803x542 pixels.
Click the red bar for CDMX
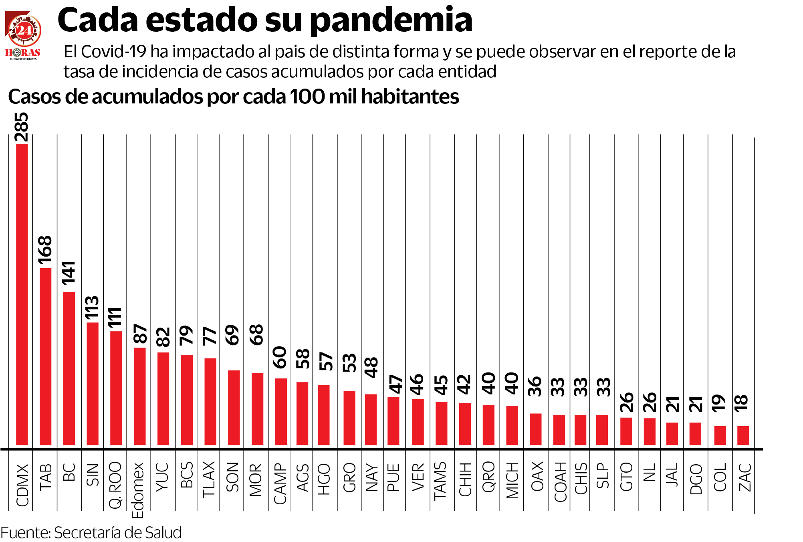[x=22, y=295]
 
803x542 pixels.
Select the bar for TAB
[x=45, y=356]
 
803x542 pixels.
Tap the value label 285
[x=22, y=127]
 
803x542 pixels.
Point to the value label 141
[x=69, y=273]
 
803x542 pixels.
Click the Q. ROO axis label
[x=115, y=485]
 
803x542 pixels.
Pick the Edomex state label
[x=138, y=490]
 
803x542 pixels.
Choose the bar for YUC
[x=163, y=398]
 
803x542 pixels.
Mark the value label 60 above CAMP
[x=280, y=357]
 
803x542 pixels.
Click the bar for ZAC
[x=743, y=435]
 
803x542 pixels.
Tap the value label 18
[x=742, y=403]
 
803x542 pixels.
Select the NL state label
[x=650, y=472]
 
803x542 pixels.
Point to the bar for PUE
[x=393, y=421]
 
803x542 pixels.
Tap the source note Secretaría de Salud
[x=118, y=532]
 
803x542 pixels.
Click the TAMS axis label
[x=440, y=480]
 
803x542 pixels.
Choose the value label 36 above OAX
[x=536, y=386]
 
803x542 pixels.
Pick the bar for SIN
[x=93, y=383]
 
